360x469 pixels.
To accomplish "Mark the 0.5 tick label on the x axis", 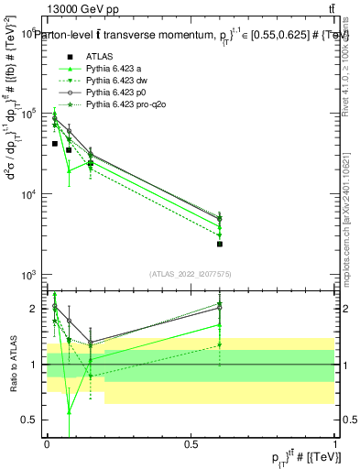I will [x=191, y=443].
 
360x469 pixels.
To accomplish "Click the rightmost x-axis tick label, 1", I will [x=334, y=443].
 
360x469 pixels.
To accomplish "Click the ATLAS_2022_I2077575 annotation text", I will [x=191, y=274].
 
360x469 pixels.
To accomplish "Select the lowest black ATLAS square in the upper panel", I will [x=220, y=244].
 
